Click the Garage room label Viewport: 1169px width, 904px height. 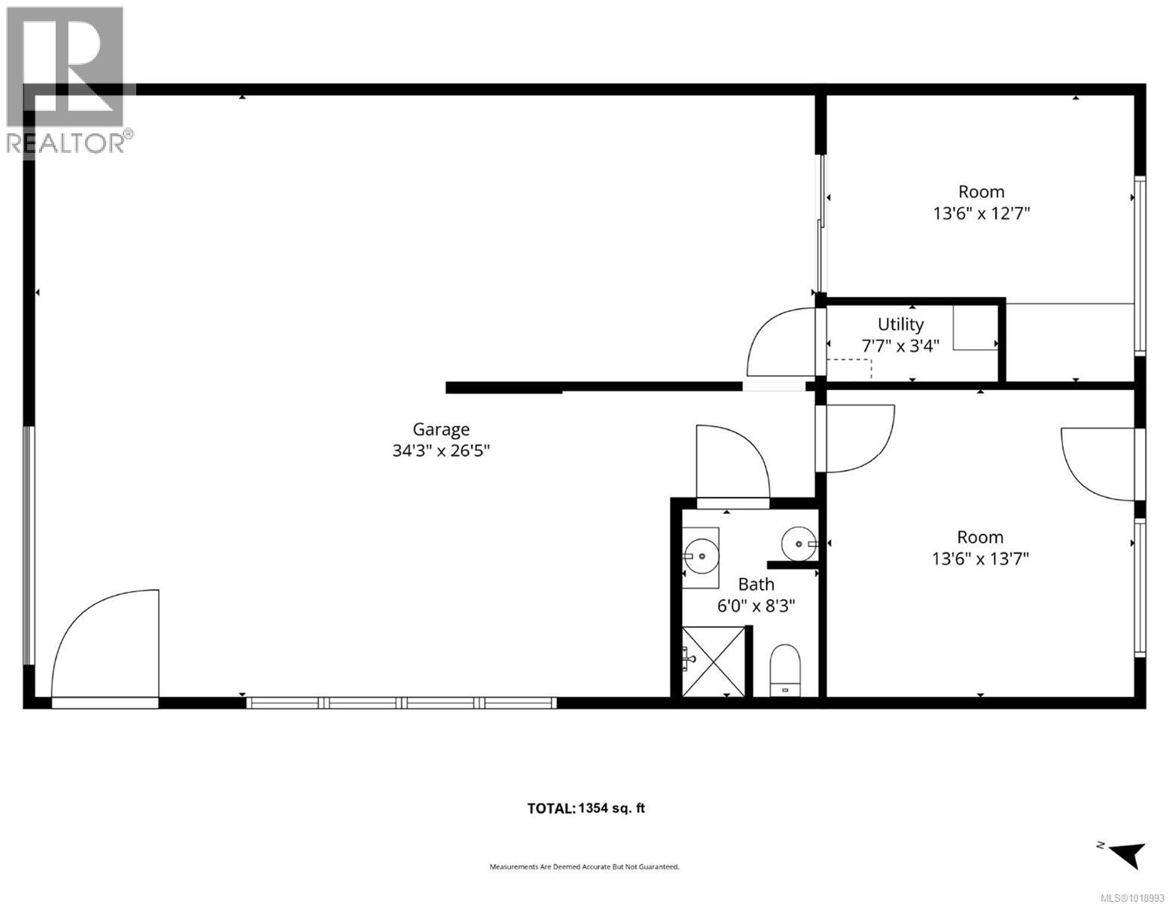click(440, 429)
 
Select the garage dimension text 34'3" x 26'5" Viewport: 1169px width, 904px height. click(440, 451)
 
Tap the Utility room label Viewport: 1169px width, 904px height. click(900, 325)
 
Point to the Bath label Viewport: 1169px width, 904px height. click(756, 584)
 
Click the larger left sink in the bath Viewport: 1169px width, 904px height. click(701, 556)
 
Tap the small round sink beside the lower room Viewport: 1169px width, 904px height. click(798, 542)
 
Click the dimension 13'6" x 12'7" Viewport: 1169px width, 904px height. click(981, 213)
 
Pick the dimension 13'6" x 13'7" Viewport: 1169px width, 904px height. click(980, 558)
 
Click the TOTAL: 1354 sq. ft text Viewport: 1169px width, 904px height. click(586, 808)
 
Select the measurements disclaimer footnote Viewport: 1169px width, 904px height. click(584, 867)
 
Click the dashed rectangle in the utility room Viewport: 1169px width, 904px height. click(849, 368)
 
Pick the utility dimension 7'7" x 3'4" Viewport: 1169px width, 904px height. click(900, 347)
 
